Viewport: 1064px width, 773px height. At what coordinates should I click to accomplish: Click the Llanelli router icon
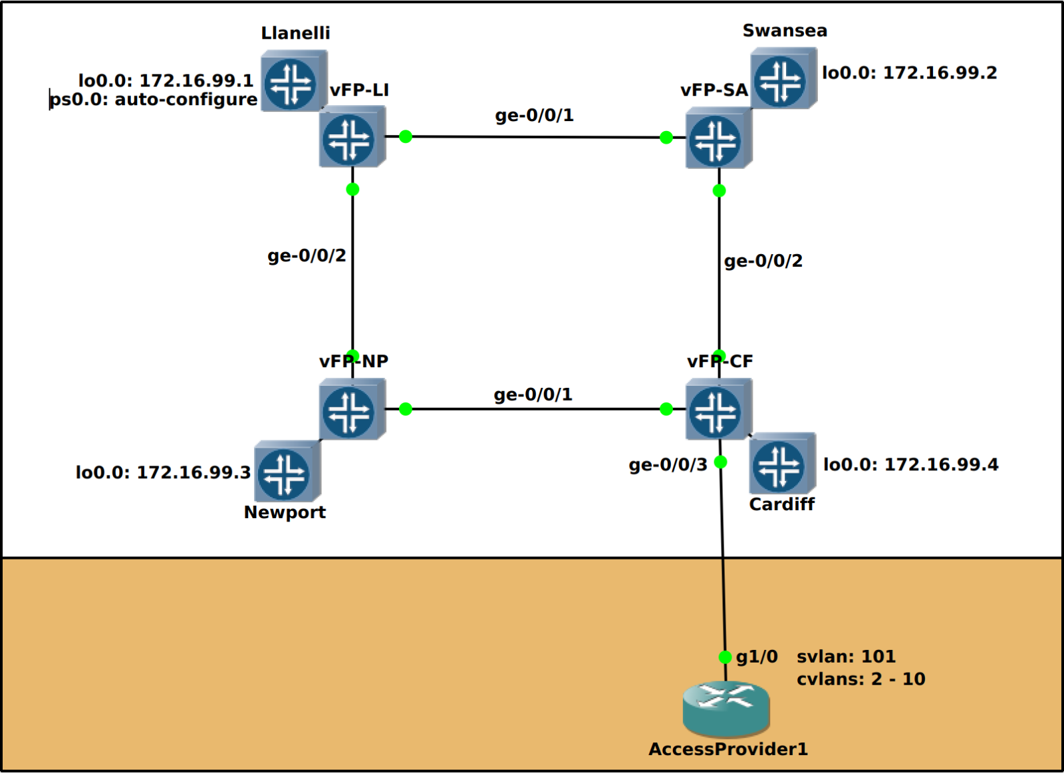coord(291,82)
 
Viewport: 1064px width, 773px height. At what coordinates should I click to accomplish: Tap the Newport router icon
coord(285,473)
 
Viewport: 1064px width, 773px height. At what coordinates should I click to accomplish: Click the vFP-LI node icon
coord(350,138)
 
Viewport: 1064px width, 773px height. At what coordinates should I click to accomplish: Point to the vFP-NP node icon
coord(350,411)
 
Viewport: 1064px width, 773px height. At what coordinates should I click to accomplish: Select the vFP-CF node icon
coord(716,411)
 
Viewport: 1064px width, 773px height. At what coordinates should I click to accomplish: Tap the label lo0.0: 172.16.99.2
coord(909,73)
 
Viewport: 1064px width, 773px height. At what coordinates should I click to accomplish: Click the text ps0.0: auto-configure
coord(154,100)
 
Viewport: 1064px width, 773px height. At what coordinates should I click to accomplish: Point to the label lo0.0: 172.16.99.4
coord(910,464)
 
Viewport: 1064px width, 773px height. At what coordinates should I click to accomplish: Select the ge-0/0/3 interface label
coord(668,464)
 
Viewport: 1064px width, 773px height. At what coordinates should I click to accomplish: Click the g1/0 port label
coord(757,657)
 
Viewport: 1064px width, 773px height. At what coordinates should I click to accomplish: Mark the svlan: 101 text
coord(846,657)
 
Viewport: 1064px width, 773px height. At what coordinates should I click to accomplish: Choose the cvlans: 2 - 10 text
coord(861,679)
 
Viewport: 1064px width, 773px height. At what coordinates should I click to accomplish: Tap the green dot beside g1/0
coord(725,657)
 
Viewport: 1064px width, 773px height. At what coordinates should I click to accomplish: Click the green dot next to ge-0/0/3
coord(720,462)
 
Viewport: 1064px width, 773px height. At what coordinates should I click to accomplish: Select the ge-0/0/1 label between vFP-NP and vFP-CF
coord(533,394)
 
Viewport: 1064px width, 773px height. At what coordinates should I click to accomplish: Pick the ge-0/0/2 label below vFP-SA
coord(763,261)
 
